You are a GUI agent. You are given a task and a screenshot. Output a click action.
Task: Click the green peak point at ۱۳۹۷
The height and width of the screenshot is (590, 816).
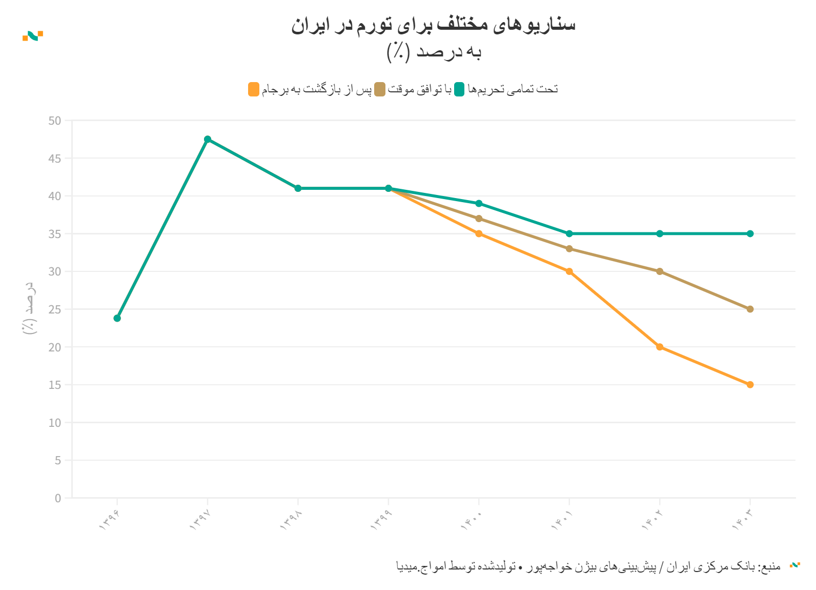tap(208, 139)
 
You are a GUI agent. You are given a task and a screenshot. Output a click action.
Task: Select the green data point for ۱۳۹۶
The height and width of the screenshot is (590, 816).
tap(117, 318)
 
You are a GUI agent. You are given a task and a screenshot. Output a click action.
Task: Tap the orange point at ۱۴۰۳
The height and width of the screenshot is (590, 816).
tap(750, 385)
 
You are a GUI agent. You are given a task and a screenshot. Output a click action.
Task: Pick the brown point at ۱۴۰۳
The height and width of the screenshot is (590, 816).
tap(750, 309)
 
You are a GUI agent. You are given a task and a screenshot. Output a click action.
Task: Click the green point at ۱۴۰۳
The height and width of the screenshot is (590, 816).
tap(750, 233)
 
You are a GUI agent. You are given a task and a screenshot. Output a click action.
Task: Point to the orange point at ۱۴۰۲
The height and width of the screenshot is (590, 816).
tap(660, 347)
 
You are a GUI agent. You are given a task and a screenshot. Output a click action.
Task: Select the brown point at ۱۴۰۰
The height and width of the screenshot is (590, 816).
tap(479, 219)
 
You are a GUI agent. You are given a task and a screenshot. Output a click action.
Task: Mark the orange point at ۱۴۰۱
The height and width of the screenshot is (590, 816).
tap(569, 271)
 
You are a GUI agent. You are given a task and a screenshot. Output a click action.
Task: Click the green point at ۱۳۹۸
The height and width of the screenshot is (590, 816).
tap(298, 188)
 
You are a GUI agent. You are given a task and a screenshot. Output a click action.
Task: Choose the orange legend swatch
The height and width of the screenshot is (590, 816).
tap(254, 89)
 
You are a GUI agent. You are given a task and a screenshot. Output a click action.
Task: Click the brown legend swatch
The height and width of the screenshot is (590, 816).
tap(380, 89)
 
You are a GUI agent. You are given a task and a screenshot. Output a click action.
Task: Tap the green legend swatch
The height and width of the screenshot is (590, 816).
tap(459, 89)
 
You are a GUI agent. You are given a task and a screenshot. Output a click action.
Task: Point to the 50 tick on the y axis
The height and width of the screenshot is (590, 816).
tap(55, 121)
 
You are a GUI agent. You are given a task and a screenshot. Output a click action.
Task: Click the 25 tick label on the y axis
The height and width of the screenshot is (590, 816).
tap(55, 309)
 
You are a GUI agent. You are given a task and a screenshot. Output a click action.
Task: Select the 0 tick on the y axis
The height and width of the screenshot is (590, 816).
tap(58, 498)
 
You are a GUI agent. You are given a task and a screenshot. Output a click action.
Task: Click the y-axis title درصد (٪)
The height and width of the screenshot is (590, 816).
tap(30, 308)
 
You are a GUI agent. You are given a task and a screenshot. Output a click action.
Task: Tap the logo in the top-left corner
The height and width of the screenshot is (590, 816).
tap(33, 35)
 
